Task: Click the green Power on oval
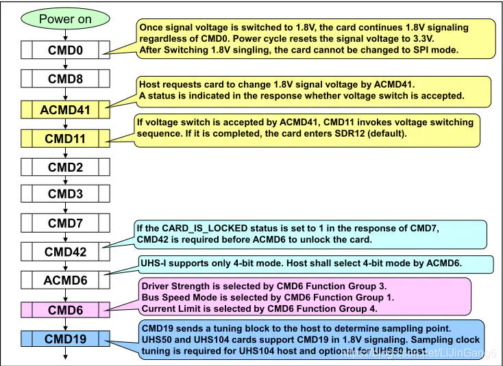[64, 18]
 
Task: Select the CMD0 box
[65, 50]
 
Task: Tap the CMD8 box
[65, 79]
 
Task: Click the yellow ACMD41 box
[65, 108]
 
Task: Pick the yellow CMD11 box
[65, 138]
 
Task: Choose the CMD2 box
[65, 166]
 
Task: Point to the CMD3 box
[65, 194]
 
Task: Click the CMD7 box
[65, 223]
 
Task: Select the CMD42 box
[65, 252]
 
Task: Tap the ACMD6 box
[65, 280]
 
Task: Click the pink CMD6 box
[65, 310]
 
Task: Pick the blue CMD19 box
[65, 338]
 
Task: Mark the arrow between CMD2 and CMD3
[65, 181]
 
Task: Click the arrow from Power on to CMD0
[65, 34]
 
